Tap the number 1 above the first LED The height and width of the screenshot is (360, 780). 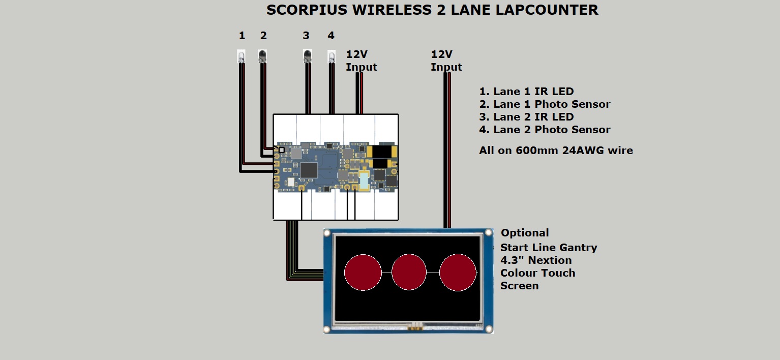(x=242, y=36)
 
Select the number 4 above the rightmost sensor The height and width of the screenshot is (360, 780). (x=331, y=36)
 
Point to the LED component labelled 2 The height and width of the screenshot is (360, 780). (x=262, y=56)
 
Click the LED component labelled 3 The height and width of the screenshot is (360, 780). (x=307, y=56)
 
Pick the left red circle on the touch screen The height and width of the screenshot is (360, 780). (x=363, y=272)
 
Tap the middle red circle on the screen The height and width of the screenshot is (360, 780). (x=409, y=272)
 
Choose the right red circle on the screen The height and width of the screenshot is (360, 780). (x=458, y=272)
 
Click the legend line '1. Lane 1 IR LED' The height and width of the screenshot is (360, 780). (x=526, y=92)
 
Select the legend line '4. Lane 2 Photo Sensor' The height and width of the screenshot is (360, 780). (x=545, y=130)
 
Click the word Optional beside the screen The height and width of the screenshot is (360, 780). (x=525, y=233)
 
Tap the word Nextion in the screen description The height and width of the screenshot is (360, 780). (x=550, y=260)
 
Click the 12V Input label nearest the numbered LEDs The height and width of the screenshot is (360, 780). (x=362, y=61)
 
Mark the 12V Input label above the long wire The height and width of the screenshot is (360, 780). (x=446, y=61)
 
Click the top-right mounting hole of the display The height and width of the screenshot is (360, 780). (x=489, y=233)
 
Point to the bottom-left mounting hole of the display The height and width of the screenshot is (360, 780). (x=327, y=329)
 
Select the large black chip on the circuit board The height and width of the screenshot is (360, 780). (x=308, y=170)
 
